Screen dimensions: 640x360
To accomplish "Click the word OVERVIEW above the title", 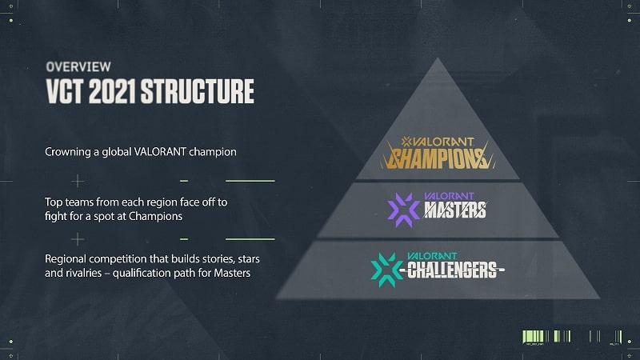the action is tap(78, 67).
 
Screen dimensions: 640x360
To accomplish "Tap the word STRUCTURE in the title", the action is tap(198, 91).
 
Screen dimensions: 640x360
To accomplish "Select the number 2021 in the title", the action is tap(112, 91).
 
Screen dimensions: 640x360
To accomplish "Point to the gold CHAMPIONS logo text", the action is tap(438, 158).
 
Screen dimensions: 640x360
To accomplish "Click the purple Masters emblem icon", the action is tap(403, 210).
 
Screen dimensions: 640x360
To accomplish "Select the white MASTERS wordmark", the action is tap(455, 210).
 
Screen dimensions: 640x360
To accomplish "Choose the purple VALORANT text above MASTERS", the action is tap(449, 196).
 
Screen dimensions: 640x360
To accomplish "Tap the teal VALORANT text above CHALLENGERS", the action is tap(432, 256).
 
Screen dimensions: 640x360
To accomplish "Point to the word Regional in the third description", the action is tap(66, 259).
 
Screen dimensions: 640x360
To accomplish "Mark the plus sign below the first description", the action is tap(78, 181).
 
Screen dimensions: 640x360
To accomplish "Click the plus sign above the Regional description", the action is tap(78, 239).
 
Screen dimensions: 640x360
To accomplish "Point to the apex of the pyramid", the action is tap(438, 58).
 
